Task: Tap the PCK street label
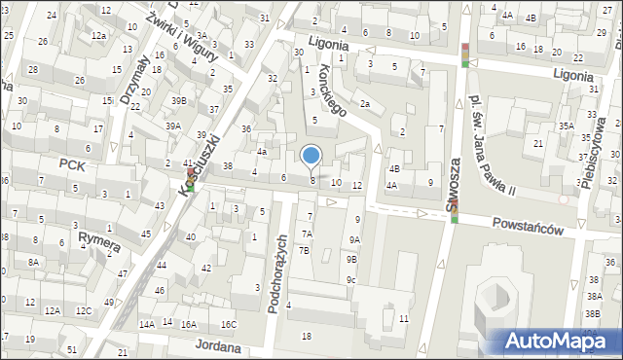[72, 165]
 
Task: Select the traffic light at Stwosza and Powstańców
[454, 210]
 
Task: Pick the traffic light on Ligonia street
[465, 54]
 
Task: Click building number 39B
[178, 100]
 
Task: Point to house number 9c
[350, 280]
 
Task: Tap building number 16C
[229, 324]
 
